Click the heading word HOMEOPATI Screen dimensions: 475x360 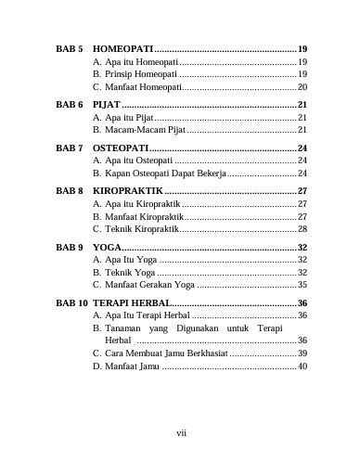coord(122,47)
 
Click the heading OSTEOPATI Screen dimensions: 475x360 coord(120,148)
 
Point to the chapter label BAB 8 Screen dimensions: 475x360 coord(70,190)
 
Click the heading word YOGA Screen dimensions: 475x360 coord(108,248)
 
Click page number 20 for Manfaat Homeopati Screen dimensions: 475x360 coord(302,85)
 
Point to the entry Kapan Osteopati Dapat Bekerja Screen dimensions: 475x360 coord(160,174)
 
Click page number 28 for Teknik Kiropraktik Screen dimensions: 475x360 coord(302,228)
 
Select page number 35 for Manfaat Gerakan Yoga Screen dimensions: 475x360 coord(302,286)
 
